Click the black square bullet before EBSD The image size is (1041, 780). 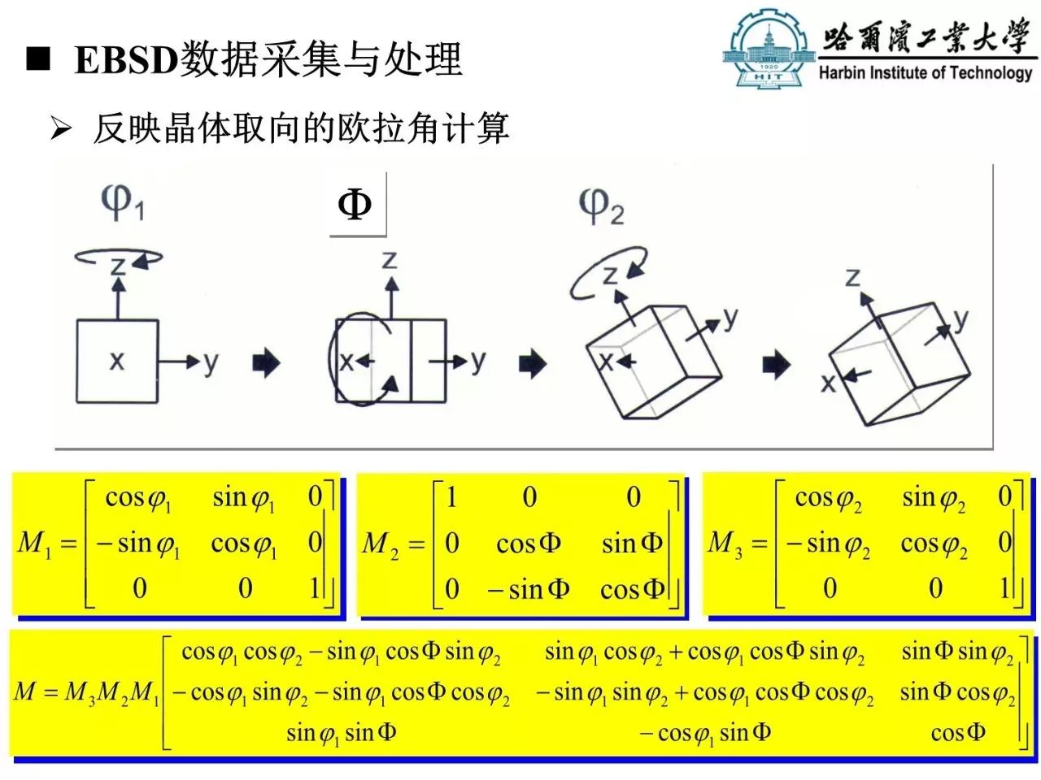[38, 59]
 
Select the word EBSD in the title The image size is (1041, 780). [126, 60]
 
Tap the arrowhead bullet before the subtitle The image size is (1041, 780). [61, 128]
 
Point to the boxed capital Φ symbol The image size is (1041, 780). [355, 205]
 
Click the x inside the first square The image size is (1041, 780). [116, 362]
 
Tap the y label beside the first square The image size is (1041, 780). [211, 364]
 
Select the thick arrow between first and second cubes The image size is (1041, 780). [267, 363]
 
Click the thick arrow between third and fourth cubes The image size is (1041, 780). [777, 365]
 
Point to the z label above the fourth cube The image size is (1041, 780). [852, 278]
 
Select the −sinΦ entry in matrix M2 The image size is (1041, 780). [528, 590]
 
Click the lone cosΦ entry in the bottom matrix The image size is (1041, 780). [958, 733]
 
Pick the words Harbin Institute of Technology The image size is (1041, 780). [926, 73]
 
